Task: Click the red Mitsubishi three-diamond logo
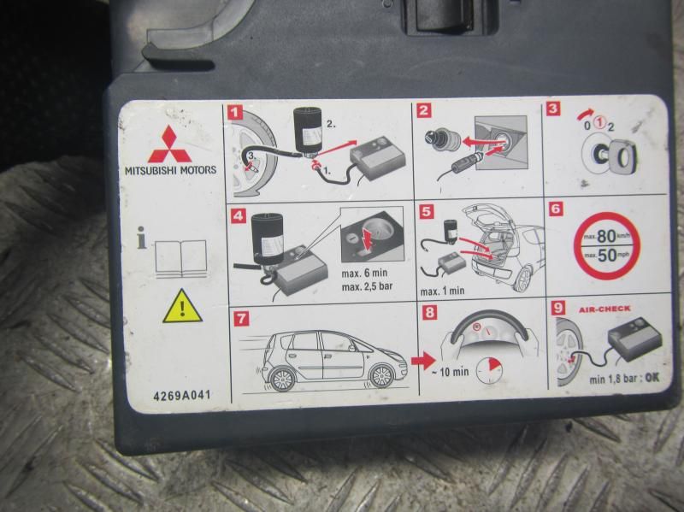tap(169, 144)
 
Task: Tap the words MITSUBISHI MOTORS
tap(170, 170)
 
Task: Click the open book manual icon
tap(180, 259)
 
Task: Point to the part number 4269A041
tap(182, 395)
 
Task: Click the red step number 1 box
tap(236, 112)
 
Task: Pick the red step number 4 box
tap(239, 215)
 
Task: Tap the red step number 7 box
tap(241, 318)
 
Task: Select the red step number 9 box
tap(558, 308)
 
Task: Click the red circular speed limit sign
tap(606, 245)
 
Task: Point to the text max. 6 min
tap(364, 273)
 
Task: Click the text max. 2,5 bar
tap(367, 286)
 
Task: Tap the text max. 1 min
tap(442, 291)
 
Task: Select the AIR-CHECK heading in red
tap(604, 309)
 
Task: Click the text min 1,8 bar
tap(613, 379)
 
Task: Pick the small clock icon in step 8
tap(488, 371)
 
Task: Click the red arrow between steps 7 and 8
tap(422, 361)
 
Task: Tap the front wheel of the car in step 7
tap(380, 376)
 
